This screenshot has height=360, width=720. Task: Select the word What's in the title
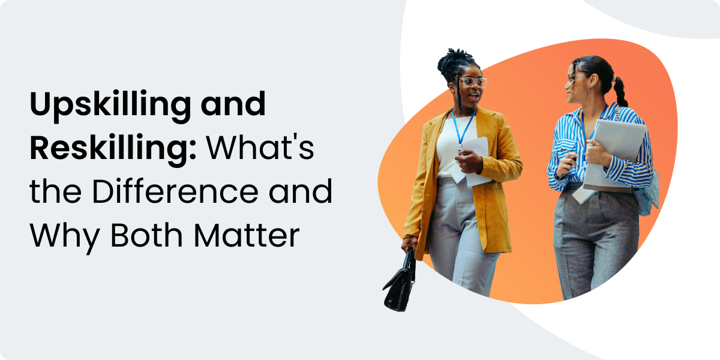click(x=260, y=148)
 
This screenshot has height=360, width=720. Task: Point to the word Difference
click(x=175, y=191)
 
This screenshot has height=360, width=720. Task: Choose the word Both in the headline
click(x=146, y=235)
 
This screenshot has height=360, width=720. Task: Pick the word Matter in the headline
click(x=247, y=236)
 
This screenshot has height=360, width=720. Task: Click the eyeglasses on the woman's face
click(x=473, y=82)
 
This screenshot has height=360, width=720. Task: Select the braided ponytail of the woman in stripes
click(x=620, y=92)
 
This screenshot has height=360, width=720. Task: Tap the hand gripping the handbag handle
click(x=409, y=244)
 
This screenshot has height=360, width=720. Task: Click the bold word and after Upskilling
click(x=233, y=104)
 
